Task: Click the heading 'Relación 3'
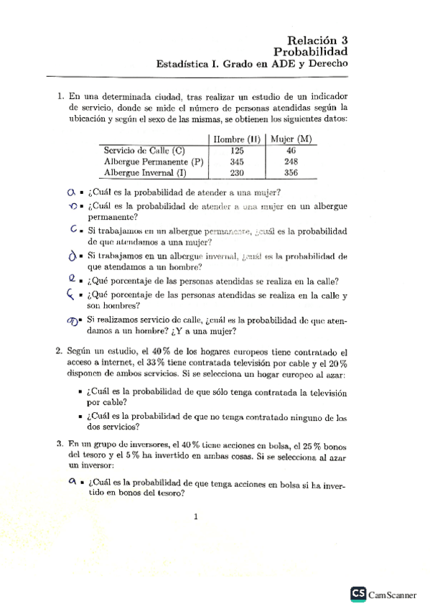[x=316, y=41]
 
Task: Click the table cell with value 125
[x=238, y=151]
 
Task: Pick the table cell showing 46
[x=291, y=151]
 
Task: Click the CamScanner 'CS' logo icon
[x=358, y=593]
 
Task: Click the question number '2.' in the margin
[x=60, y=352]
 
